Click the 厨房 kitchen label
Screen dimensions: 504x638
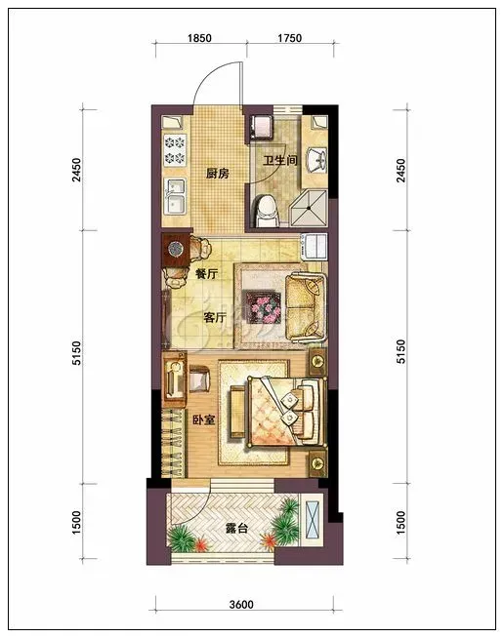click(217, 174)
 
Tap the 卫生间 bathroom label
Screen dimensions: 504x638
click(280, 160)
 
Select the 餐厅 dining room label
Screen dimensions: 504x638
click(206, 274)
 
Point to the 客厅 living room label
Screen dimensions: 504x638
click(214, 317)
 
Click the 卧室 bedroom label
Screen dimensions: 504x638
click(204, 419)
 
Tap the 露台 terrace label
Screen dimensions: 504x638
click(236, 529)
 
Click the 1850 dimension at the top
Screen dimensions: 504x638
click(199, 38)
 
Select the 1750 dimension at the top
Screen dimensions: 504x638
click(290, 38)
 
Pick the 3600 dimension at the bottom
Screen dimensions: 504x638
click(241, 605)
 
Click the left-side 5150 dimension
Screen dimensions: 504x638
click(76, 353)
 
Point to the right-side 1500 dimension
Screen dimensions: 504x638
click(400, 523)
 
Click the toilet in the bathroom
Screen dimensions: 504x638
click(268, 211)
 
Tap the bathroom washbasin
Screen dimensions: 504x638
click(316, 160)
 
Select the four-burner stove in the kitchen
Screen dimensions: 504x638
click(175, 150)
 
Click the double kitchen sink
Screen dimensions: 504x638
click(175, 197)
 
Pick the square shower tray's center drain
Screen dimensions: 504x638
click(310, 209)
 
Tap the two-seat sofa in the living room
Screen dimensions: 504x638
click(306, 307)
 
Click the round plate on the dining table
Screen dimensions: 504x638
click(176, 248)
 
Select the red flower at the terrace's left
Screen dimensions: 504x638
click(201, 544)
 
